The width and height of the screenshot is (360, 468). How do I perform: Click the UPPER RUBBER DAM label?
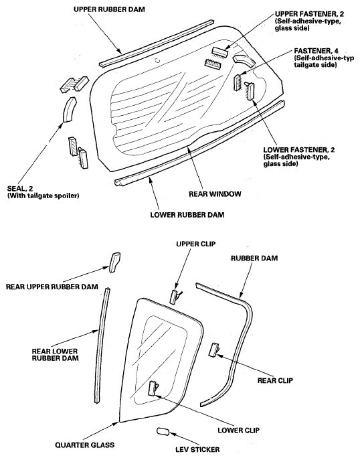click(109, 9)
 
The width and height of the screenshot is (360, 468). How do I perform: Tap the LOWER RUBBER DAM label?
click(187, 215)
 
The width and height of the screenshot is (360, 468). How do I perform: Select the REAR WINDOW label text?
click(215, 194)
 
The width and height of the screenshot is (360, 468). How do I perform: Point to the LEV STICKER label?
click(197, 449)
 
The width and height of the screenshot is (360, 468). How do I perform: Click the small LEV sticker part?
click(163, 432)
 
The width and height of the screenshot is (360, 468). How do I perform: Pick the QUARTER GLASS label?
click(85, 445)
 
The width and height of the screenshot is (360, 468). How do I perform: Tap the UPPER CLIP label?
click(195, 244)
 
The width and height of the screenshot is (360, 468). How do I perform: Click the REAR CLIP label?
click(275, 380)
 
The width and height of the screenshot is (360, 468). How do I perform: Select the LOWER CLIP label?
click(238, 430)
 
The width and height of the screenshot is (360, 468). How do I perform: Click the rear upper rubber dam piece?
click(115, 262)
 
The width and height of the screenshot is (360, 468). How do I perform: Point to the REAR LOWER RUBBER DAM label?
click(55, 355)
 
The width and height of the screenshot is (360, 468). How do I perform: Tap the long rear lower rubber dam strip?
click(102, 345)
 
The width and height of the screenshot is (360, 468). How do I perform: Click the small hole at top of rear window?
click(157, 60)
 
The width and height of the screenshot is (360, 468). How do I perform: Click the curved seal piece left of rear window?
click(69, 109)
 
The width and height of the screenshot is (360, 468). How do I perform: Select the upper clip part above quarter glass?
click(175, 297)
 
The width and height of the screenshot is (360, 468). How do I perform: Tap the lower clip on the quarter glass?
click(153, 388)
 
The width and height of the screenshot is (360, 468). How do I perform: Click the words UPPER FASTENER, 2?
click(309, 14)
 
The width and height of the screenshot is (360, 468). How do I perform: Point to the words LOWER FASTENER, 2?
click(299, 149)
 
